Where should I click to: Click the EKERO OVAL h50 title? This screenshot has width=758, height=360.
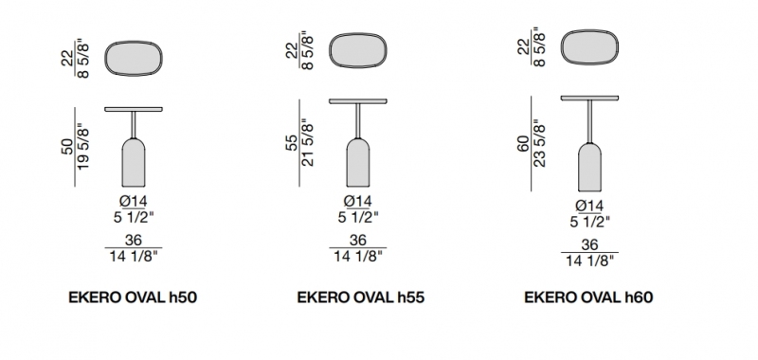point(133,297)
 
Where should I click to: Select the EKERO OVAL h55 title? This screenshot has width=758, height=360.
point(361,297)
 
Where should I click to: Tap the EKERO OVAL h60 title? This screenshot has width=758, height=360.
point(588,297)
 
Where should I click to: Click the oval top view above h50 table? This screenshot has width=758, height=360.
point(134,59)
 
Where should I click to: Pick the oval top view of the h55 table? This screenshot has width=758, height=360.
point(358,50)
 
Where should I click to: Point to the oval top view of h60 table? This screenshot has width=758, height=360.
point(589,46)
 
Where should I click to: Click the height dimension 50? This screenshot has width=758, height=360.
point(68,147)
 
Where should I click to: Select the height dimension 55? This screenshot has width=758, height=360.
point(293,143)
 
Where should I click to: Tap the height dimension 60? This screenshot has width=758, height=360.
point(524,144)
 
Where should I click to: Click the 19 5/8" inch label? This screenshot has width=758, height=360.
point(82,147)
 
